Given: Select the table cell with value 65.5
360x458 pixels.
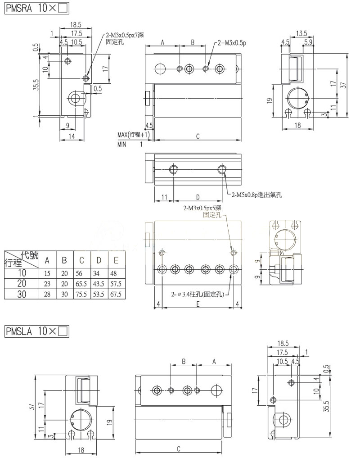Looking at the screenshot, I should click(81, 284).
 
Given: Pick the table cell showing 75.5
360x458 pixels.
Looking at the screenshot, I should click(81, 295).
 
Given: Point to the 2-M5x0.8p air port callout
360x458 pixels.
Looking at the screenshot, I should click(256, 195).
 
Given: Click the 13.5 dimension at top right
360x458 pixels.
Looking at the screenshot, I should click(301, 33).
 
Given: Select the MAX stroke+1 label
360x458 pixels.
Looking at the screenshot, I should click(133, 135).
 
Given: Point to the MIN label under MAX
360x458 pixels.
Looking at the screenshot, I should click(122, 145).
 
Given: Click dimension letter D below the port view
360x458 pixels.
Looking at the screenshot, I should click(198, 197).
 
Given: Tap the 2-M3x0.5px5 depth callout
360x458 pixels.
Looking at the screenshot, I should click(202, 208).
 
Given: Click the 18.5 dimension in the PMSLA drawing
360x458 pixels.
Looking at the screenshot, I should click(283, 343).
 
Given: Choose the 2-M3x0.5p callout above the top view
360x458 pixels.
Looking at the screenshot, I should click(232, 43).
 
